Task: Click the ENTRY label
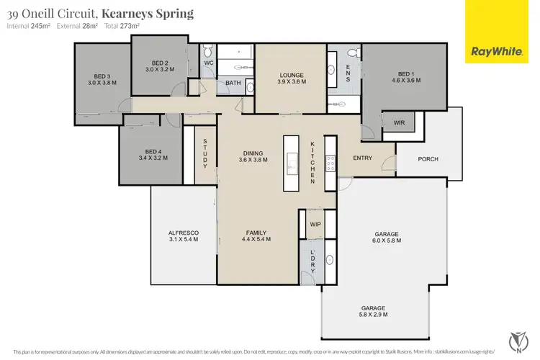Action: coord(362,158)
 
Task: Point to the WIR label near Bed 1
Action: coord(398,123)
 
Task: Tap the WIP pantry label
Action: coord(315,224)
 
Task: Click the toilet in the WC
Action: coord(207,50)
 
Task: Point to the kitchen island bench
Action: coord(291,163)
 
